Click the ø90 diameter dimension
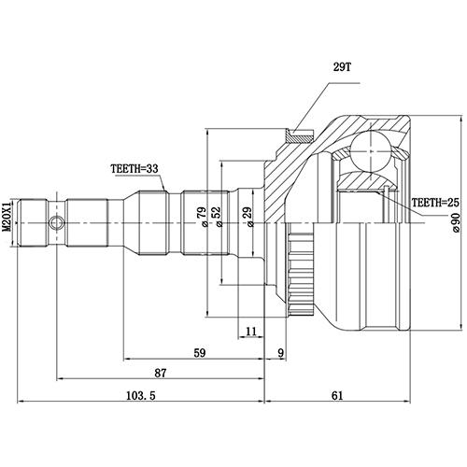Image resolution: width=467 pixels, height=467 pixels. pos(455,221)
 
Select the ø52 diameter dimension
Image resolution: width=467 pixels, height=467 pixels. pos(217,218)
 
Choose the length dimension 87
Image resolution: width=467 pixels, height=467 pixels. pos(161,373)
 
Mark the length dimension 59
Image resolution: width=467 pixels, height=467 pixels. pos(199,352)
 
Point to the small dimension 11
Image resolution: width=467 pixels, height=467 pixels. pos(250,331)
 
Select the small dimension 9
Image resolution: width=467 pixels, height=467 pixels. pos(280,352)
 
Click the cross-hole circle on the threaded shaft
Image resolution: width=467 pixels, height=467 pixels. pos(58,224)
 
